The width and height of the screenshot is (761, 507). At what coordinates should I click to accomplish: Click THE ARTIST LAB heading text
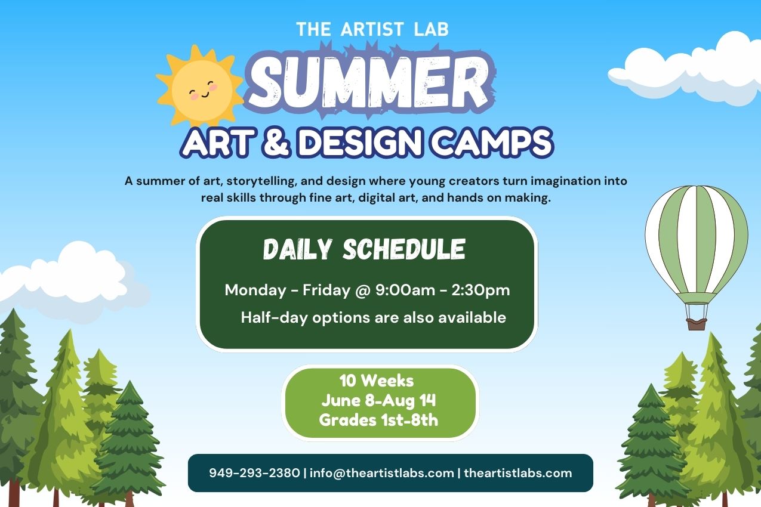[372, 29]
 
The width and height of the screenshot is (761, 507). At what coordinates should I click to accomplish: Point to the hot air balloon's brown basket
[696, 323]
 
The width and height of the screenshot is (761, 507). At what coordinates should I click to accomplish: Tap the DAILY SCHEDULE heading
[364, 250]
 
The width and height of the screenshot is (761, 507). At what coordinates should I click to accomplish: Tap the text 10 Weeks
[376, 381]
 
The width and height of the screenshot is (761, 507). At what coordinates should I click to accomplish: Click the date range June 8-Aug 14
[379, 400]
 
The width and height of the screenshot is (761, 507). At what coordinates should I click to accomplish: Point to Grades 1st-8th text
[378, 420]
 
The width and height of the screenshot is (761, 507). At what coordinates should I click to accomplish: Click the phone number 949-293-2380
[254, 473]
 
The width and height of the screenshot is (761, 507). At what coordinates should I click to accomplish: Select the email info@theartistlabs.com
[382, 473]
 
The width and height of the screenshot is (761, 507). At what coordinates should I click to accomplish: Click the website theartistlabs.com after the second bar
[517, 473]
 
